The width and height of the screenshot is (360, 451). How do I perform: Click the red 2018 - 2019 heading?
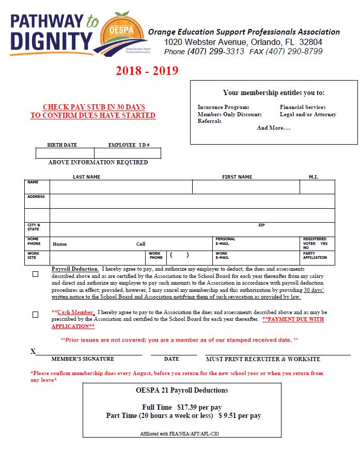[x=147, y=71]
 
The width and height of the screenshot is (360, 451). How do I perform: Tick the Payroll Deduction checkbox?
[x=35, y=274]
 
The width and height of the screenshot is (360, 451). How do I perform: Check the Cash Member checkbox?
[x=35, y=314]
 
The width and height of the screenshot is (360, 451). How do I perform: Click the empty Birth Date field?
[x=65, y=153]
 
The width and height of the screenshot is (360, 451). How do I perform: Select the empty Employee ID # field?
[x=128, y=153]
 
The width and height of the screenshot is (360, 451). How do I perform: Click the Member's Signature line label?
[x=83, y=359]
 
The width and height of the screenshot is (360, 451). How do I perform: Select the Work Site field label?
[x=33, y=255]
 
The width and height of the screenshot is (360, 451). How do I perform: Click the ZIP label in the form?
[x=261, y=225]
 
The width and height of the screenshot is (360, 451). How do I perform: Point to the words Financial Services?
[x=303, y=107]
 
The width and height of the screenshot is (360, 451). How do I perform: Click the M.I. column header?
[x=314, y=177]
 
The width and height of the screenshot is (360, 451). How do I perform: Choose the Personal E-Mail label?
[x=225, y=241]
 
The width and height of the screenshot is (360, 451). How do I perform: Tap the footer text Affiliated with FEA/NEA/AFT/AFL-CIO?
[x=179, y=434]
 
